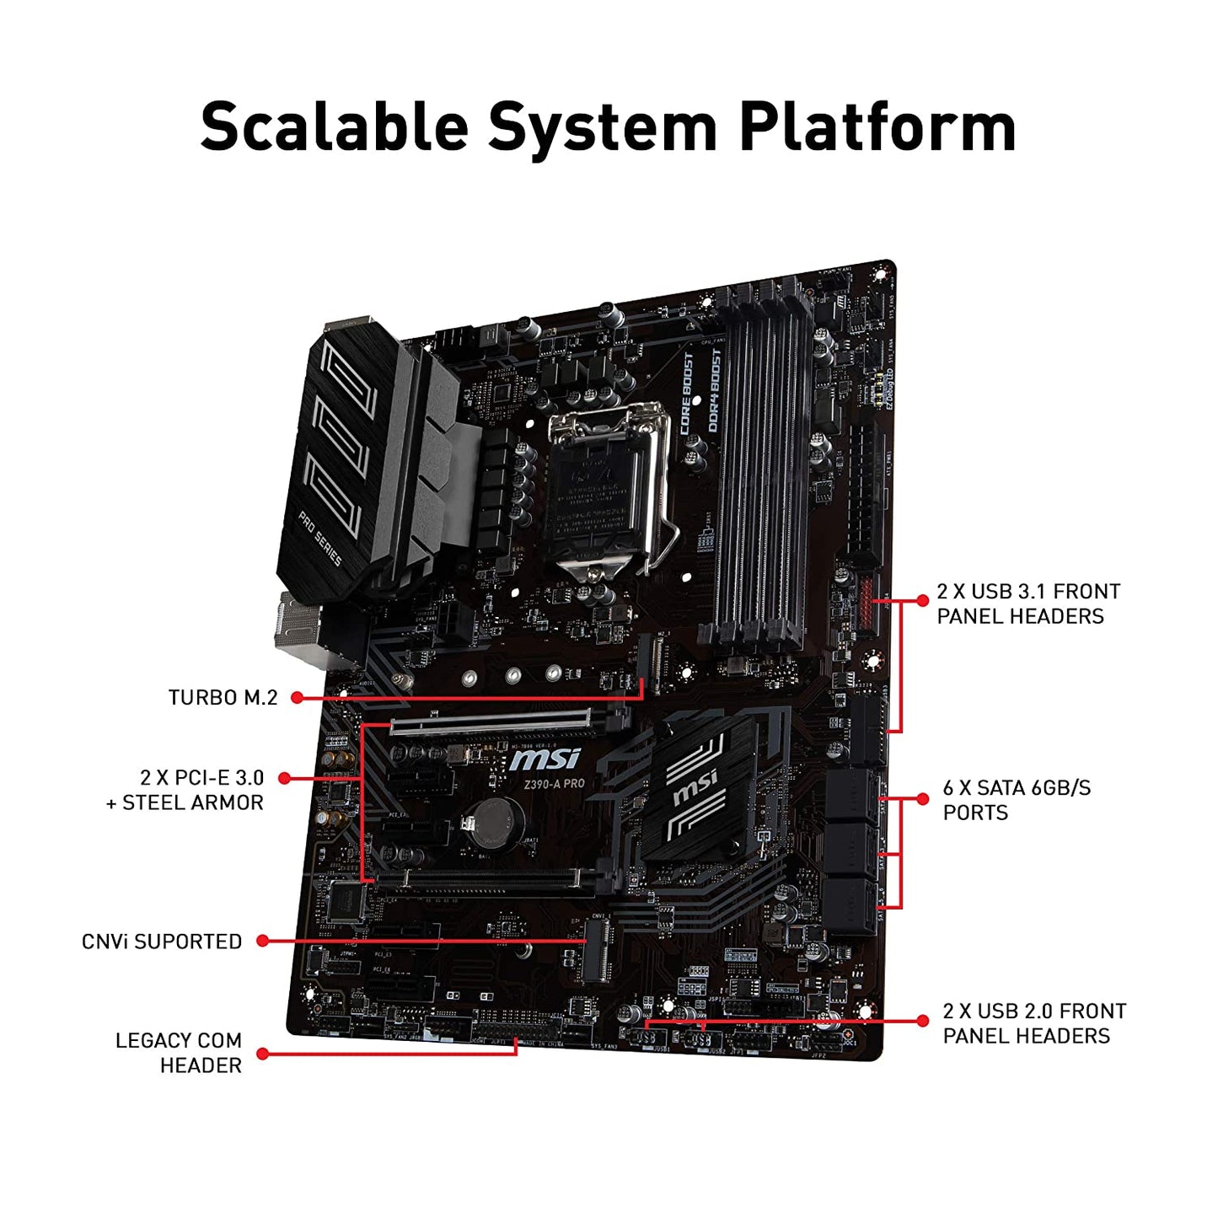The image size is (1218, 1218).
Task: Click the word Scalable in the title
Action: coord(334,126)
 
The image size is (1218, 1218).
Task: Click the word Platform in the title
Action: coord(877,126)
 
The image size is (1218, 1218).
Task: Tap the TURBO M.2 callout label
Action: coord(223,698)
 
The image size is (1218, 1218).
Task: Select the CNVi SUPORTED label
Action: coord(162,942)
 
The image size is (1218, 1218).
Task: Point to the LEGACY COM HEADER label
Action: coord(179,1053)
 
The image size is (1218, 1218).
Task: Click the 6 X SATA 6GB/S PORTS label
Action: coord(1016,800)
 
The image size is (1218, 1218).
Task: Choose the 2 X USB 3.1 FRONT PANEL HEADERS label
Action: coord(1028,604)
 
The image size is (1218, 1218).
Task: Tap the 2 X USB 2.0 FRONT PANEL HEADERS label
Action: coord(1033,1023)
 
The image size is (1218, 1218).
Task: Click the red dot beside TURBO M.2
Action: coord(297,698)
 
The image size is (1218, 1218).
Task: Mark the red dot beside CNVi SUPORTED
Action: coord(263,941)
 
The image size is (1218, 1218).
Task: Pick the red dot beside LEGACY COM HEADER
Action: coord(263,1054)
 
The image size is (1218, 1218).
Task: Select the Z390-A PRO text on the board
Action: coord(554,784)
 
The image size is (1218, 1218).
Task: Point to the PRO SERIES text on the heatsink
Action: coord(320,538)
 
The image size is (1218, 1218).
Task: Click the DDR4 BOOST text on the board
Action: coord(715,391)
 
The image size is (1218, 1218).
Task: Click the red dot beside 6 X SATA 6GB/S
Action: coord(922,799)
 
